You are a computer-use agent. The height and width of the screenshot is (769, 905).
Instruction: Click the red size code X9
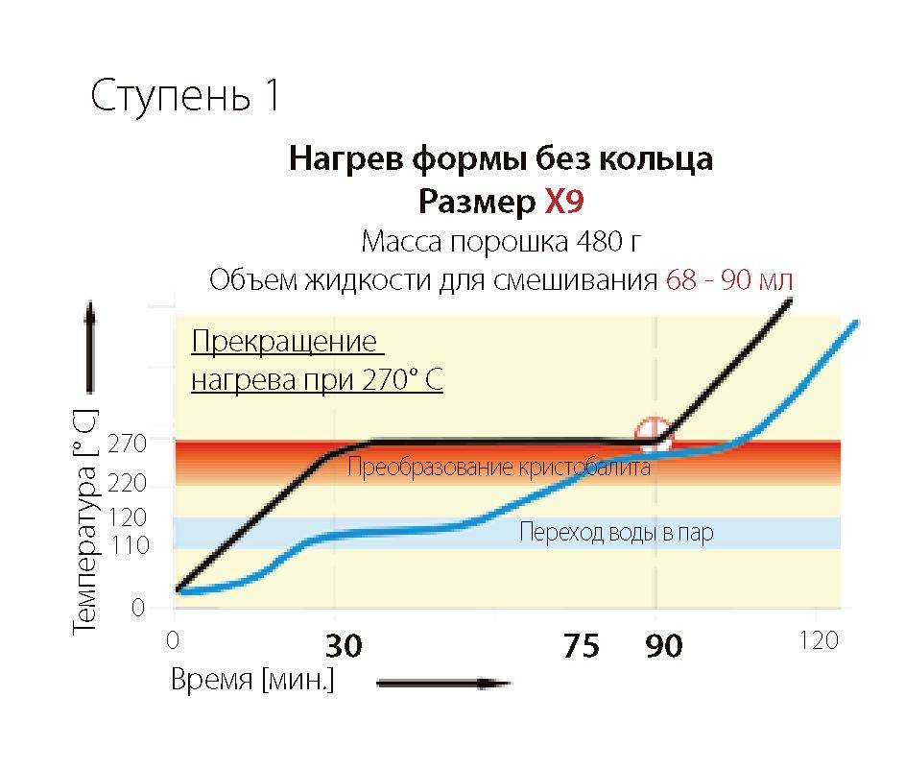click(564, 202)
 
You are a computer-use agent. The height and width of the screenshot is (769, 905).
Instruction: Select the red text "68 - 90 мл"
click(729, 280)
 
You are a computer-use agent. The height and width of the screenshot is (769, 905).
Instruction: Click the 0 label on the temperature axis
click(138, 608)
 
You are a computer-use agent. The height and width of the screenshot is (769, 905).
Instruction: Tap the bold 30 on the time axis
click(343, 646)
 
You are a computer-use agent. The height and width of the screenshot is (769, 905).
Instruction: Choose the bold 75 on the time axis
click(581, 646)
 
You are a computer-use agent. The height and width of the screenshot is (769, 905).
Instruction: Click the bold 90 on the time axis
click(663, 646)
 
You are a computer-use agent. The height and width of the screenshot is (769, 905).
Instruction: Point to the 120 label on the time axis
click(819, 640)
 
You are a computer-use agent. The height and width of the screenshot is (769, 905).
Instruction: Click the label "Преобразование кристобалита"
click(498, 468)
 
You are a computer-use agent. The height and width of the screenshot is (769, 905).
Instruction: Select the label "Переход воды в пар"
click(616, 533)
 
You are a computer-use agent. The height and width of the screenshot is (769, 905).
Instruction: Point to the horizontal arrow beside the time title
click(443, 684)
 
